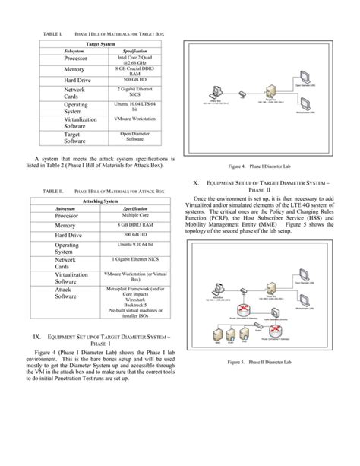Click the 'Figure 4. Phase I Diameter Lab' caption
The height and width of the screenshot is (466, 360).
[x=266, y=165]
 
